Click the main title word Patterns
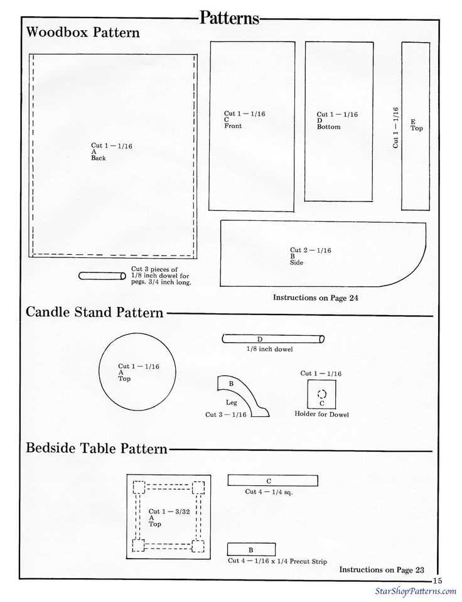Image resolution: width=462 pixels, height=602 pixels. [x=229, y=18]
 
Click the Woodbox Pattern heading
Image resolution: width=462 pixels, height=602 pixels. [x=83, y=32]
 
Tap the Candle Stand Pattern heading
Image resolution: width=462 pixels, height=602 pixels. [x=95, y=312]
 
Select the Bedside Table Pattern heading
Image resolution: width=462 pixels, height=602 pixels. [x=97, y=448]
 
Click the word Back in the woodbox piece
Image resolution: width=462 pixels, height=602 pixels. [x=99, y=158]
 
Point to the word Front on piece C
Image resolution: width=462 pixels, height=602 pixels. [x=233, y=126]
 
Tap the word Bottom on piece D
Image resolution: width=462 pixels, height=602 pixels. [x=328, y=127]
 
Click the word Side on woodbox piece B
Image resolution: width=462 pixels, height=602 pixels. [x=296, y=262]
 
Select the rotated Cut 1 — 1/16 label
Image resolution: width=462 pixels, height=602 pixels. [x=395, y=127]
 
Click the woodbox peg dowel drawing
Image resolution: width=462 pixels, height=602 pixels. [x=102, y=276]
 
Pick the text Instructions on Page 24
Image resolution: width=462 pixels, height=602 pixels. [x=315, y=298]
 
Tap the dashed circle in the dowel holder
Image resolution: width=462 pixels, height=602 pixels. [x=322, y=394]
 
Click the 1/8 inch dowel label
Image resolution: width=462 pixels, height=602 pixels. [x=269, y=349]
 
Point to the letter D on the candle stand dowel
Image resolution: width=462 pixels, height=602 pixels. [x=260, y=339]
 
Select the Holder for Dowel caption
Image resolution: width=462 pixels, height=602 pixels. [x=321, y=414]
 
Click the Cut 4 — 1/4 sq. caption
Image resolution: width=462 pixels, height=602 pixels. [x=269, y=492]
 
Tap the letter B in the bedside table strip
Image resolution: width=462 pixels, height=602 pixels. [x=251, y=550]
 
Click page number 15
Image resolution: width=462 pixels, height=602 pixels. [x=438, y=581]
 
